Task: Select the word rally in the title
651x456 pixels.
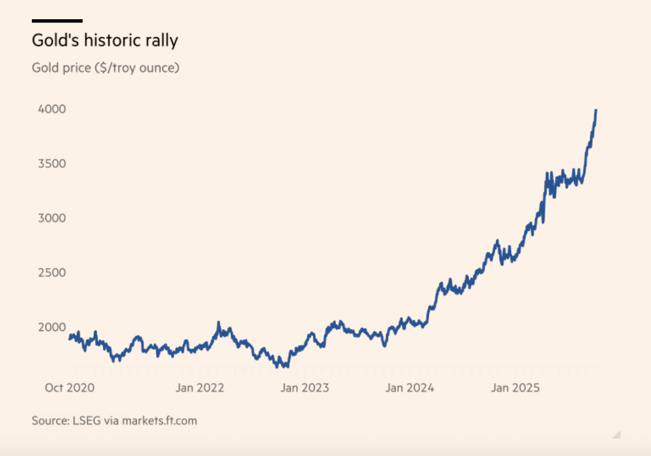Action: [x=163, y=41]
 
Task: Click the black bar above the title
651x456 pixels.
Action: [x=57, y=21]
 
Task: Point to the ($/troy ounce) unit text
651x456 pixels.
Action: [x=137, y=68]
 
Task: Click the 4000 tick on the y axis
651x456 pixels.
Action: [x=52, y=109]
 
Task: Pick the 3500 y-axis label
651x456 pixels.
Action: [x=52, y=164]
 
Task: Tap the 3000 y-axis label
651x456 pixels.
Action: [x=52, y=218]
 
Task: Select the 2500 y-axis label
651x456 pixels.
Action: [x=52, y=273]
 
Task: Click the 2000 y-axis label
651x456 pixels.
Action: [x=52, y=327]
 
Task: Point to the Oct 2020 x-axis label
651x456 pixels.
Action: [x=69, y=388]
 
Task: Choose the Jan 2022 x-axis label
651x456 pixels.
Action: [x=200, y=388]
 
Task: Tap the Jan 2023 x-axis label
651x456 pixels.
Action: [x=305, y=388]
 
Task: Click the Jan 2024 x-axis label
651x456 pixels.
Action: [x=409, y=388]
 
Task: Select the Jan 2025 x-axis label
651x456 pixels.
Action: [x=515, y=388]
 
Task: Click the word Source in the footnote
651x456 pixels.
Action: [x=48, y=421]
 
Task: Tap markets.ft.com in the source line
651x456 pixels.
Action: [x=159, y=421]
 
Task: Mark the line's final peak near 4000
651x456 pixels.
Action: [x=596, y=110]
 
